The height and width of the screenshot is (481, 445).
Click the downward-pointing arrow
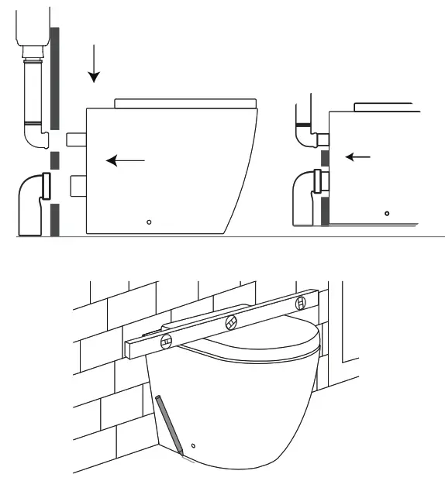(x=94, y=65)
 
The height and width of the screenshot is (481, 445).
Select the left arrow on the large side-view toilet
(x=125, y=160)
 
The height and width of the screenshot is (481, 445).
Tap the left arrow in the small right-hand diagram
(x=357, y=157)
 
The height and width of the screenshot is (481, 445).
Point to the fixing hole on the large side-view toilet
(x=150, y=222)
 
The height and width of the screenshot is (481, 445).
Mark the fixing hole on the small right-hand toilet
(x=387, y=212)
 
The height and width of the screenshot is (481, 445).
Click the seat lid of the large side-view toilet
(x=185, y=103)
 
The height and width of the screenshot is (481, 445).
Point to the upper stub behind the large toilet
(x=76, y=139)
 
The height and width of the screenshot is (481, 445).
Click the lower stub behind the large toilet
(x=76, y=186)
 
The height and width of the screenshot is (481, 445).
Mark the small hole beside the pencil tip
(x=193, y=445)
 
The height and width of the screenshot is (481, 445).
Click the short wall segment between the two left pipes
(x=54, y=161)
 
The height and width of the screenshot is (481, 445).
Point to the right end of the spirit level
(x=314, y=296)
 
